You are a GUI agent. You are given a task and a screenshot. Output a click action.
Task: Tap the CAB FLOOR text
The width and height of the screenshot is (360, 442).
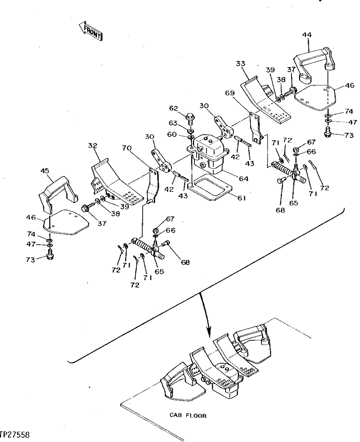188,416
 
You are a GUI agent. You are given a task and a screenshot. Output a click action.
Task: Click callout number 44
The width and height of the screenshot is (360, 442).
307,35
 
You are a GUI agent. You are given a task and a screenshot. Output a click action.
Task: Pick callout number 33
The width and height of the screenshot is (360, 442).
241,64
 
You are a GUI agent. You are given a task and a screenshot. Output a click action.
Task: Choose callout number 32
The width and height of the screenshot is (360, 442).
93,146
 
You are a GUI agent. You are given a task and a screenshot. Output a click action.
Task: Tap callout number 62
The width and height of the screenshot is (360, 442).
174,108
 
